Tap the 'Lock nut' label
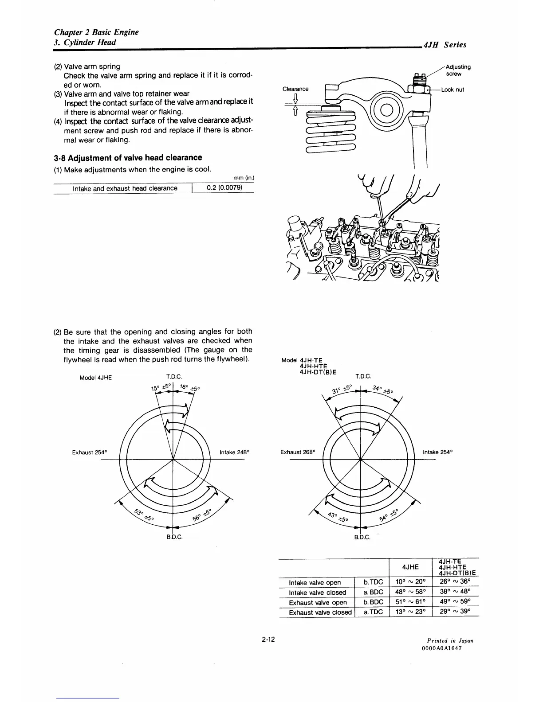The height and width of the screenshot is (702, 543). [452, 90]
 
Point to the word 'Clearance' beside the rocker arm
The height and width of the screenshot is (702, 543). [295, 89]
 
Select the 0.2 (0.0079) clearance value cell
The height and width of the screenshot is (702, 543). [224, 188]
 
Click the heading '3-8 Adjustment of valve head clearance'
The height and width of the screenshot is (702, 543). [128, 158]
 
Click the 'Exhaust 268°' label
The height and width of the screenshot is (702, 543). [298, 452]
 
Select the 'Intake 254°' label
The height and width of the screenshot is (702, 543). [437, 452]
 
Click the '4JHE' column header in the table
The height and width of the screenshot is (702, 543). [410, 567]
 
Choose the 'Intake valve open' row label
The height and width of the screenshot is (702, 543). [315, 582]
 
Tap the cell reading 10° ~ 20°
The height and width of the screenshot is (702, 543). [410, 582]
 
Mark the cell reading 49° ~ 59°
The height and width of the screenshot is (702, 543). [454, 602]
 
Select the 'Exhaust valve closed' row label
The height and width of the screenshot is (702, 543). [320, 612]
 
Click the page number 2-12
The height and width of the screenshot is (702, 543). [268, 640]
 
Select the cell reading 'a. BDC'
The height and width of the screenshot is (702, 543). [373, 593]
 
